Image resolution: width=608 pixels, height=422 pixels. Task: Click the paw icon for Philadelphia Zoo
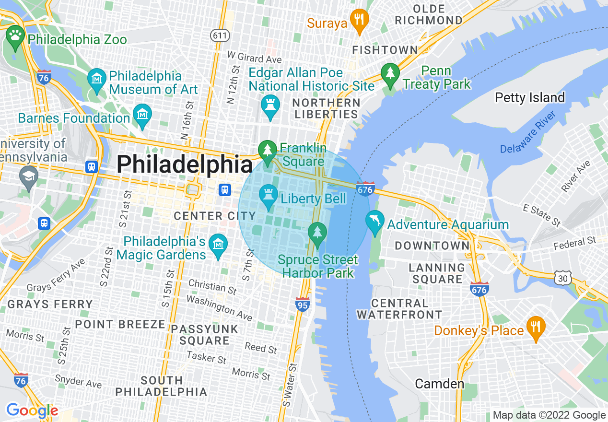(x=15, y=36)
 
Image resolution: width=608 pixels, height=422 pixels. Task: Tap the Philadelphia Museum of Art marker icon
(x=97, y=79)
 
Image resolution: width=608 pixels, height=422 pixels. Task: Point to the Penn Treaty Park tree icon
(x=390, y=74)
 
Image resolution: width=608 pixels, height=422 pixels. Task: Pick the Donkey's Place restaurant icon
(x=535, y=328)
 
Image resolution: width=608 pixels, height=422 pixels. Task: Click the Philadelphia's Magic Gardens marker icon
(x=219, y=246)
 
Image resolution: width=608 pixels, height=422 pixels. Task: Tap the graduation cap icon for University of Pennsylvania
(x=29, y=176)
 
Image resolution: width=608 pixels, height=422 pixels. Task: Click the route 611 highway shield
(x=220, y=35)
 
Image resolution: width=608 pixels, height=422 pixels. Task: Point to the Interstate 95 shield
(x=302, y=304)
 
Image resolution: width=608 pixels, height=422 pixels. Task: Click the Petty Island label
(x=530, y=98)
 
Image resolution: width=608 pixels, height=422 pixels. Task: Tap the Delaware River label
(x=527, y=132)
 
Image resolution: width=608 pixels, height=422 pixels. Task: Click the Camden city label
(x=439, y=384)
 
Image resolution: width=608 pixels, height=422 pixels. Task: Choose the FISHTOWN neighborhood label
(x=385, y=50)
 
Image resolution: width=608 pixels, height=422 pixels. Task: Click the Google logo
(x=32, y=410)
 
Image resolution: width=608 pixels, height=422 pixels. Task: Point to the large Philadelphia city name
(x=185, y=165)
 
